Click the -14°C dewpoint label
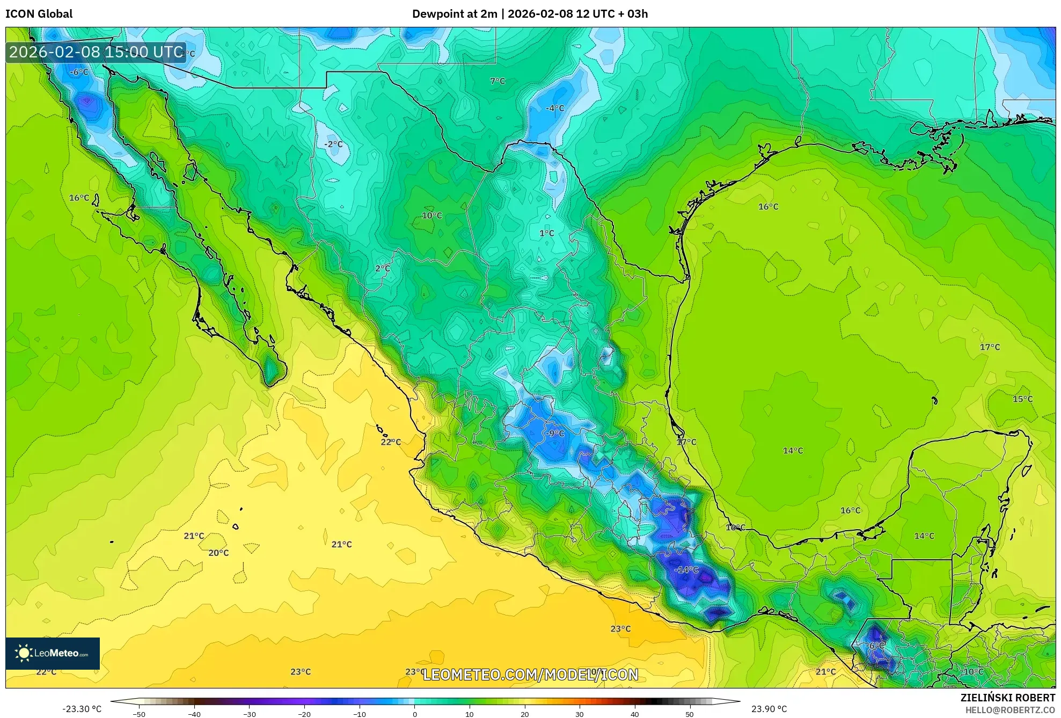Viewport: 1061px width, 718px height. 686,570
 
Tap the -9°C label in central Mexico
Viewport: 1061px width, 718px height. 555,433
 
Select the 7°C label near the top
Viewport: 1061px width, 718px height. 497,81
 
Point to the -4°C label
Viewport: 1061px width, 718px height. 555,108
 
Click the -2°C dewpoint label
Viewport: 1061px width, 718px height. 333,144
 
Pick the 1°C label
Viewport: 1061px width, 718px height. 546,233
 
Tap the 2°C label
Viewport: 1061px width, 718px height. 382,268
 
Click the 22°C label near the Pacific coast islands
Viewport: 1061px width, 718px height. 391,442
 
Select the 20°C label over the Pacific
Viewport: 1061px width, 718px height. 218,553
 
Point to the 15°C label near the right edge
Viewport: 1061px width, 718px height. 1022,399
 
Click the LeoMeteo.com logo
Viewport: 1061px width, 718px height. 53,653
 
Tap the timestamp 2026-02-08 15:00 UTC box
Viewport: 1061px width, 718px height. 96,52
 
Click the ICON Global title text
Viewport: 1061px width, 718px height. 39,14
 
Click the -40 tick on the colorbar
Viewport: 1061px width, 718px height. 194,714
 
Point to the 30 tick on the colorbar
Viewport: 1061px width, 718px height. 580,714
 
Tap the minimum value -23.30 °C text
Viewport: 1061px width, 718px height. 82,709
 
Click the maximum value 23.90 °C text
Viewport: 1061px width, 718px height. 769,709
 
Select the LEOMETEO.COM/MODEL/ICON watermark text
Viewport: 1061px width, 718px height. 530,675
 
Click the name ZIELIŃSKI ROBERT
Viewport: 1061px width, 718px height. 1007,698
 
